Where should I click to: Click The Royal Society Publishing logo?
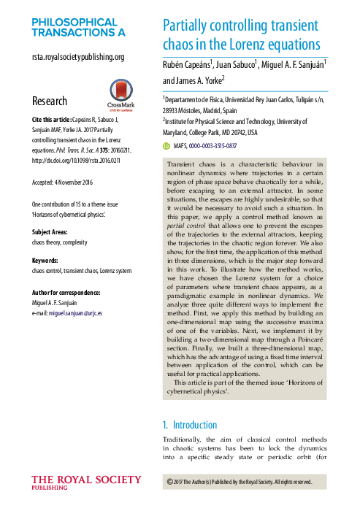86,483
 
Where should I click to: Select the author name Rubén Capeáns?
186,64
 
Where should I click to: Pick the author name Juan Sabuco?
238,64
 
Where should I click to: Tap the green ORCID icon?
166,146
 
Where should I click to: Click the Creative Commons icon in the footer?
171,482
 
